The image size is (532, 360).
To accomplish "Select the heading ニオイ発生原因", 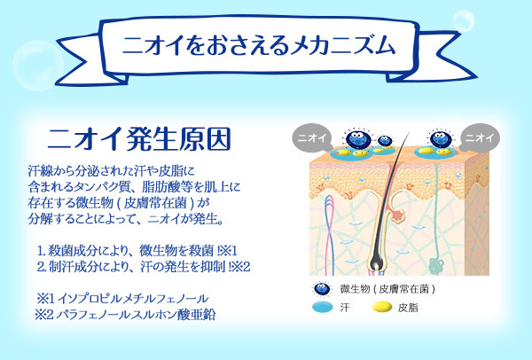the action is point(139,139).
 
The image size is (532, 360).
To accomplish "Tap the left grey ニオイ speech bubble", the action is point(311,137).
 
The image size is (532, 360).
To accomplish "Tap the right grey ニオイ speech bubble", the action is point(480,137).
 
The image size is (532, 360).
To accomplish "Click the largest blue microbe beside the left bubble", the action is point(358,138).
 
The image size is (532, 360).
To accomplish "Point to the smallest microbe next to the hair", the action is point(385,140).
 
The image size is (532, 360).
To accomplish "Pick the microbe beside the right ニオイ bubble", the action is point(441,139).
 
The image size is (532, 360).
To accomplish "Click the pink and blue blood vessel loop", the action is point(329,234).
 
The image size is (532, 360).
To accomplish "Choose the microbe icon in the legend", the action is point(321,289).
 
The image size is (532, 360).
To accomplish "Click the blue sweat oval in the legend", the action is point(323,307).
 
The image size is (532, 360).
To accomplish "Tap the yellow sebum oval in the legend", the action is point(382,307).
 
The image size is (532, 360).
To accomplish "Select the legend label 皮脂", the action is point(408,308).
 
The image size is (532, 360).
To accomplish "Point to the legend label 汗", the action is point(344,308).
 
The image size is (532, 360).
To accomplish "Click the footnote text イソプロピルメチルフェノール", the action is point(132,299).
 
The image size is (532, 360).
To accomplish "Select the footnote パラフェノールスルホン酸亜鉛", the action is point(136,315).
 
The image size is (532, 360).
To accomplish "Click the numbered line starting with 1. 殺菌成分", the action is point(137,251).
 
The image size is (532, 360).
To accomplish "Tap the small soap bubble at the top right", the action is point(464,21).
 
